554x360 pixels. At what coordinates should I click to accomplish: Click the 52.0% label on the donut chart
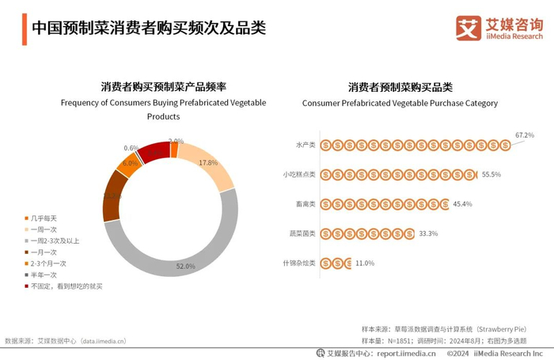(185, 267)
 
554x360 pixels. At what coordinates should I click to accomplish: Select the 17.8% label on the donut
(208, 162)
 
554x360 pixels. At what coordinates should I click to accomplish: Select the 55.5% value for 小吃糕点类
(491, 174)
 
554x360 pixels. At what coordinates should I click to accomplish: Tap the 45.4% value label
(462, 204)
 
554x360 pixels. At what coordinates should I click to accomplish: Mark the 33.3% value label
(428, 233)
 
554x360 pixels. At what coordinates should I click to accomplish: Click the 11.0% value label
(364, 263)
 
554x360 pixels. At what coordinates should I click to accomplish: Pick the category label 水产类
(305, 145)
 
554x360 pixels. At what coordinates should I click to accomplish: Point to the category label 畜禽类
(305, 204)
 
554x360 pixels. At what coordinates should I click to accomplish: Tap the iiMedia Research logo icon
(469, 28)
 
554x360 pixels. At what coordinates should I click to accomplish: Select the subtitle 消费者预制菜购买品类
(400, 86)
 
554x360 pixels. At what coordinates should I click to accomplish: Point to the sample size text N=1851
(403, 340)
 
